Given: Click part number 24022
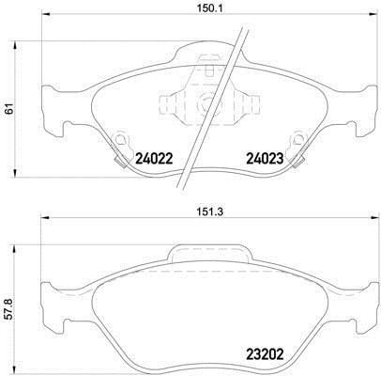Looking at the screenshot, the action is coord(154,159).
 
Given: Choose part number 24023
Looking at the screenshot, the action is coord(265,159).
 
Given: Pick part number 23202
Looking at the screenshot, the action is coord(265,354).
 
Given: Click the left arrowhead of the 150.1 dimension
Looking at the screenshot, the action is coord(46,14).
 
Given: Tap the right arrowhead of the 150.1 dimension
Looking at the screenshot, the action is coord(373,14).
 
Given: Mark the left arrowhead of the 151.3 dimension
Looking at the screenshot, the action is coord(46,218).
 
